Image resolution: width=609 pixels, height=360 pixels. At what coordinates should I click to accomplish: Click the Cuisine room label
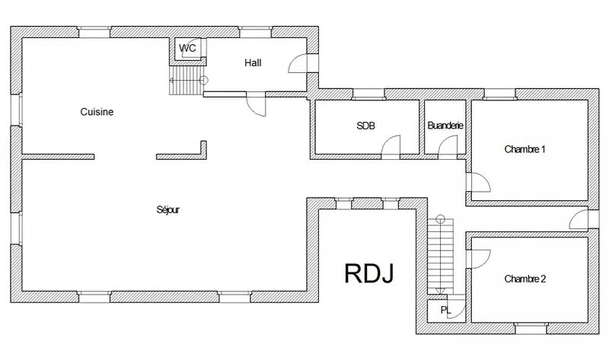point(97,112)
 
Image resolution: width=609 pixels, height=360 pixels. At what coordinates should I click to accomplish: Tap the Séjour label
point(167,210)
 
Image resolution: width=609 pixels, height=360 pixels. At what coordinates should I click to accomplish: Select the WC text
point(187,48)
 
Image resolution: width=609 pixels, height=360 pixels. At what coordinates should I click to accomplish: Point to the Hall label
point(253,62)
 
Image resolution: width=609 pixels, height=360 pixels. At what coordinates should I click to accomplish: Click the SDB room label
point(366,126)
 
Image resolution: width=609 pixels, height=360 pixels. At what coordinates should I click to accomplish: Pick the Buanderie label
point(445,126)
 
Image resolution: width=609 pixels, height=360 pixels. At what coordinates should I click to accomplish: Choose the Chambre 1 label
point(525,149)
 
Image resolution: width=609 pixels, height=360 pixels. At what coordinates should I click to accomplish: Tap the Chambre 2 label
point(525,279)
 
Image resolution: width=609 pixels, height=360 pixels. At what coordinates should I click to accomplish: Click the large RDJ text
point(369,273)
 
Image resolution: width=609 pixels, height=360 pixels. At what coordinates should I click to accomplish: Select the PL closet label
point(446,311)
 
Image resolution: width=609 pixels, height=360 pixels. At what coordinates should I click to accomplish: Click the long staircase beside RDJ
point(441,256)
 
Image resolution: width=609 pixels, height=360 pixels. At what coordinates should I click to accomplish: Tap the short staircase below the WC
point(187,81)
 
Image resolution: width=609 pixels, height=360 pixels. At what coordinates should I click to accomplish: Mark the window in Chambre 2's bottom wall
point(531,328)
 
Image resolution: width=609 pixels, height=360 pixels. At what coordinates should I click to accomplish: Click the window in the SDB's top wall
point(368,94)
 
